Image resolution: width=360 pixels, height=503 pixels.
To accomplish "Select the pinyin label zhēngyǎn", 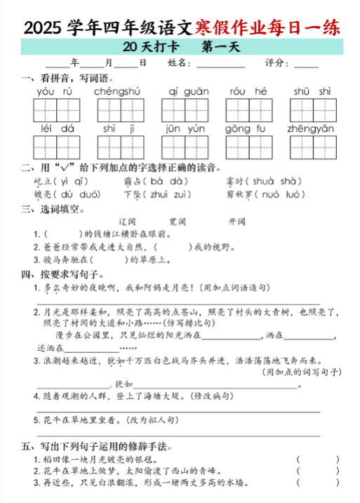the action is (310, 128).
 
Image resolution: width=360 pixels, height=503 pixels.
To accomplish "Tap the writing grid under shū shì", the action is (312, 109).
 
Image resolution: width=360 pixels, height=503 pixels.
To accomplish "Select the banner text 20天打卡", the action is (150, 48).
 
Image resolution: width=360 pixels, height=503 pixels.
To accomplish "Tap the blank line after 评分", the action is (306, 64).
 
